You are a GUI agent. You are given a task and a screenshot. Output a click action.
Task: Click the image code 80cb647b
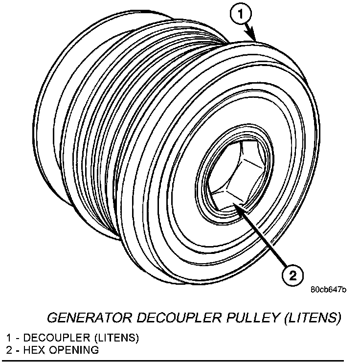328,290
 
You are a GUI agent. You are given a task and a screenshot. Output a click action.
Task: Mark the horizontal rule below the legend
180,361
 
